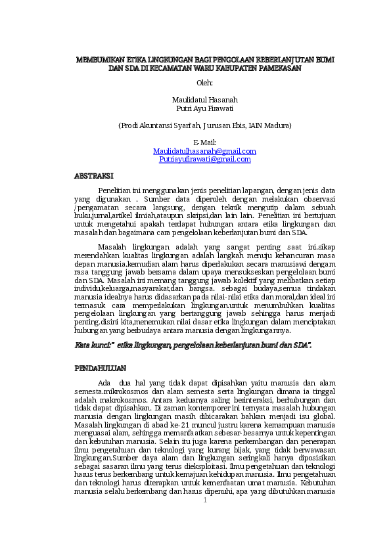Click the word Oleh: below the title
pos(204,83)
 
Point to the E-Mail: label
pos(204,143)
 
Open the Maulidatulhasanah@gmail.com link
pos(204,151)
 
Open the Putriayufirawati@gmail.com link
pos(205,159)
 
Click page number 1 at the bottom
pos(204,500)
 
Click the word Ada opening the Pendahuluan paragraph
pos(104,383)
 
